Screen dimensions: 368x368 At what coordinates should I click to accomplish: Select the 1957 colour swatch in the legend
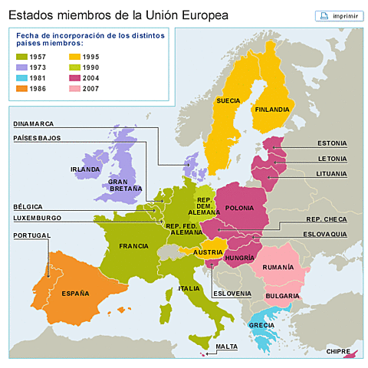(22, 56)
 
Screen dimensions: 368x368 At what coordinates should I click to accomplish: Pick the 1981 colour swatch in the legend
(22, 77)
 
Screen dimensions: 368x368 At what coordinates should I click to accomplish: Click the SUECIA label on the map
(228, 100)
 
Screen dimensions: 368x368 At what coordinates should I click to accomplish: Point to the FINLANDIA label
(271, 110)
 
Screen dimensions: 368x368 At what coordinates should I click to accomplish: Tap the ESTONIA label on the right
(332, 143)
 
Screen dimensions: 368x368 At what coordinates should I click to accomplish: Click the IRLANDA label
(85, 169)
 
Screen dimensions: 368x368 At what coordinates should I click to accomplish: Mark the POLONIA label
(240, 208)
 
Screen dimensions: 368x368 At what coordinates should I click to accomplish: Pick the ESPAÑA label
(75, 293)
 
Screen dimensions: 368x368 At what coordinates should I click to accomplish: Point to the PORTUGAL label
(31, 235)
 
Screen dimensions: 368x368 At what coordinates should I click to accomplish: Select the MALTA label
(226, 347)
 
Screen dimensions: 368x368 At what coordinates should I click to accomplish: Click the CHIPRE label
(338, 351)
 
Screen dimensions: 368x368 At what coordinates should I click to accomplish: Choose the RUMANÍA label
(277, 267)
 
